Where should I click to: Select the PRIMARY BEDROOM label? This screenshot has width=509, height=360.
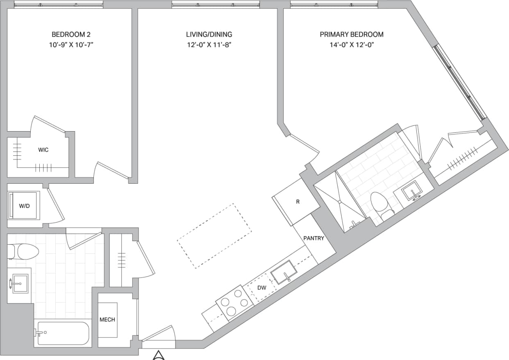tap(352, 34)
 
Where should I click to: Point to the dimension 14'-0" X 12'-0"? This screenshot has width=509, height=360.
tap(352, 45)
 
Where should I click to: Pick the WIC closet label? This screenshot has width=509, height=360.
tap(43, 150)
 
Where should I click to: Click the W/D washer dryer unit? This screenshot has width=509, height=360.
tap(24, 205)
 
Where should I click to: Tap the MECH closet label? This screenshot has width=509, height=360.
tap(107, 320)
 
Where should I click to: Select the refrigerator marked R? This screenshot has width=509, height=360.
tap(298, 202)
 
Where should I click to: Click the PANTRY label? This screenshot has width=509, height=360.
tap(314, 238)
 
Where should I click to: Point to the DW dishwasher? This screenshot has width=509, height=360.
tap(262, 288)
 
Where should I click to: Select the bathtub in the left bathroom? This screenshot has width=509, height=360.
tap(63, 333)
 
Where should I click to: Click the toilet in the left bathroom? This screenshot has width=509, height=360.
tap(23, 251)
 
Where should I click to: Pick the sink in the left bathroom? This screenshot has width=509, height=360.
tap(19, 283)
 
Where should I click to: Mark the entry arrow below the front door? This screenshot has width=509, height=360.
tap(159, 355)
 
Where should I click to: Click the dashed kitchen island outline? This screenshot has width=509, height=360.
tap(214, 236)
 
